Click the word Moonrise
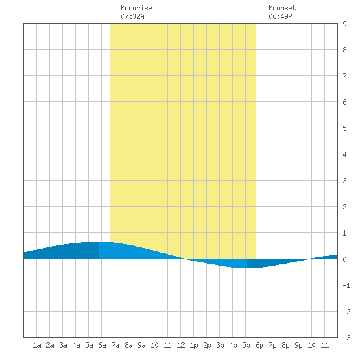[136, 8]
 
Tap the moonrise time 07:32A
[132, 16]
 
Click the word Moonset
[282, 8]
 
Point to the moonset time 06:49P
[280, 16]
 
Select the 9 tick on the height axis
[344, 24]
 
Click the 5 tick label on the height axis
[344, 128]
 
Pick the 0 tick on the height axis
[344, 259]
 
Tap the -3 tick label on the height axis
[346, 338]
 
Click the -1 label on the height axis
[346, 285]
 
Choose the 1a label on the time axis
[37, 345]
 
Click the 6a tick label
[102, 345]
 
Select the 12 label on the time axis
[181, 345]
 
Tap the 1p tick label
[194, 345]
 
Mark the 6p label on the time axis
[259, 345]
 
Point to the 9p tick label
[298, 345]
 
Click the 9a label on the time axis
[141, 345]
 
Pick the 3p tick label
[220, 345]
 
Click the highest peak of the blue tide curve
[99, 242]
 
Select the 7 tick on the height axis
[344, 76]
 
